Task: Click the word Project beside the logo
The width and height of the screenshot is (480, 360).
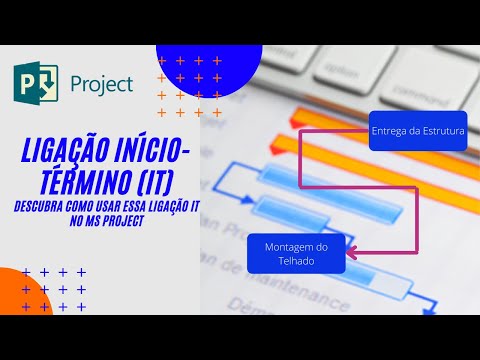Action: point(100,84)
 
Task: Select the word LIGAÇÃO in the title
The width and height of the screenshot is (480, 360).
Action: point(67,150)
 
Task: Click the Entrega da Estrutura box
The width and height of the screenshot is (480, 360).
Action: point(417,131)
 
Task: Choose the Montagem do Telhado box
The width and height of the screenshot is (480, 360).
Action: point(297,253)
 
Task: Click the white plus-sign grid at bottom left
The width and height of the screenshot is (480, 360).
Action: point(54,289)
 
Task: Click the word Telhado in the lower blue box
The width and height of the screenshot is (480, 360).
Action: point(297,260)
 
